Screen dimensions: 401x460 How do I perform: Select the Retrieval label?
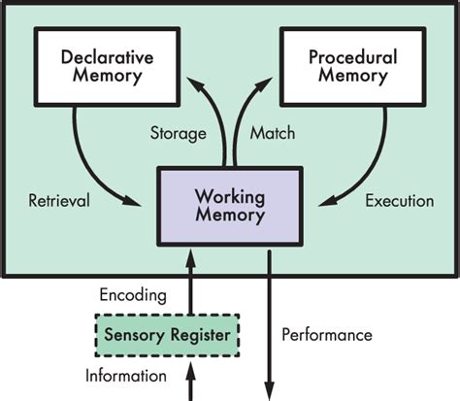click(x=59, y=201)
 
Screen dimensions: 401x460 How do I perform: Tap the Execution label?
click(x=399, y=201)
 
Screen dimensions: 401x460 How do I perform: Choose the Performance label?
click(x=326, y=335)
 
